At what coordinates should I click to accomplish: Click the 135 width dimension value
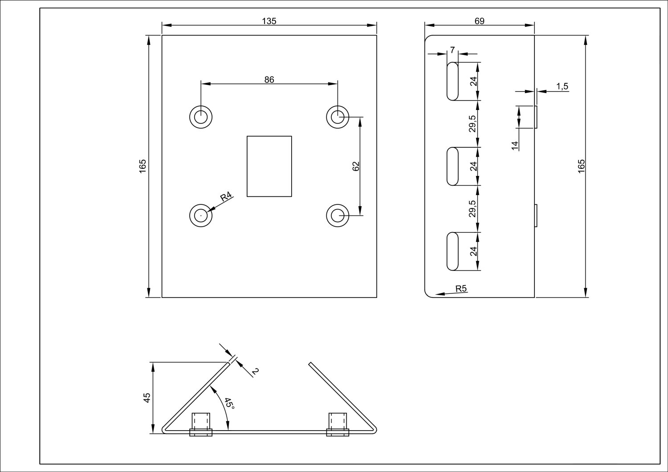(x=269, y=21)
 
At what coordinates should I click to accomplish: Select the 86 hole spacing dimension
(x=269, y=80)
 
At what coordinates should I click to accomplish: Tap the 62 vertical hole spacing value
(x=355, y=166)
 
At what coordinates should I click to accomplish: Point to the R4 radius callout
(x=226, y=196)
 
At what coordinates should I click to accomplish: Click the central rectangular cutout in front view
(x=269, y=166)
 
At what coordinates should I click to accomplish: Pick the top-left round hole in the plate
(x=201, y=117)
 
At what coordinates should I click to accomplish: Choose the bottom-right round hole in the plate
(x=338, y=216)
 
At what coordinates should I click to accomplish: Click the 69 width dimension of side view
(x=479, y=21)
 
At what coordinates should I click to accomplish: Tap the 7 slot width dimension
(x=452, y=50)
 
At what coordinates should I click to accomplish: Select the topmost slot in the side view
(x=452, y=81)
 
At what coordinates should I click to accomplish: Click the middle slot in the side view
(x=452, y=166)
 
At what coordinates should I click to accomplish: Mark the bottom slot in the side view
(x=452, y=251)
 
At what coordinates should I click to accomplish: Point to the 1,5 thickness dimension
(x=562, y=86)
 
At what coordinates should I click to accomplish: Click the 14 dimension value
(x=515, y=145)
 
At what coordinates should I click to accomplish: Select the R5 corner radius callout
(x=461, y=289)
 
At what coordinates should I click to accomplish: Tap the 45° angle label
(x=229, y=403)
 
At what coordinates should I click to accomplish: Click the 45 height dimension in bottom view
(x=147, y=397)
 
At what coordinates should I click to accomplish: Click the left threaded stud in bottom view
(x=201, y=423)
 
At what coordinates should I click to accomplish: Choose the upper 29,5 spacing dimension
(x=473, y=123)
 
